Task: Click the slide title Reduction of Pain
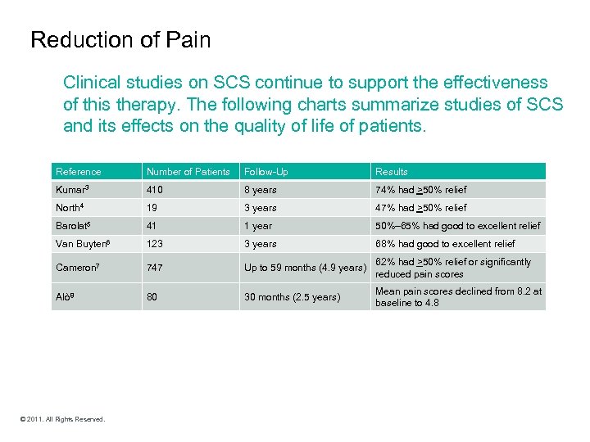point(120,39)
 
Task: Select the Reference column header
point(79,172)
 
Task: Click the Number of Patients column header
point(188,172)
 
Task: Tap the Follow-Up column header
point(266,172)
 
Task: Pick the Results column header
point(392,172)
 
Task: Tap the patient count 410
point(155,190)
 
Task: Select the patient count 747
point(155,268)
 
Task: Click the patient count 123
point(155,244)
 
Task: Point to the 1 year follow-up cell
point(258,226)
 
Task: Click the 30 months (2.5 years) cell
point(292,297)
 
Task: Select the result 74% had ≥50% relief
point(420,190)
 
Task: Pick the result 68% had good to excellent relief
point(445,244)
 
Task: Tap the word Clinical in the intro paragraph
point(93,83)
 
